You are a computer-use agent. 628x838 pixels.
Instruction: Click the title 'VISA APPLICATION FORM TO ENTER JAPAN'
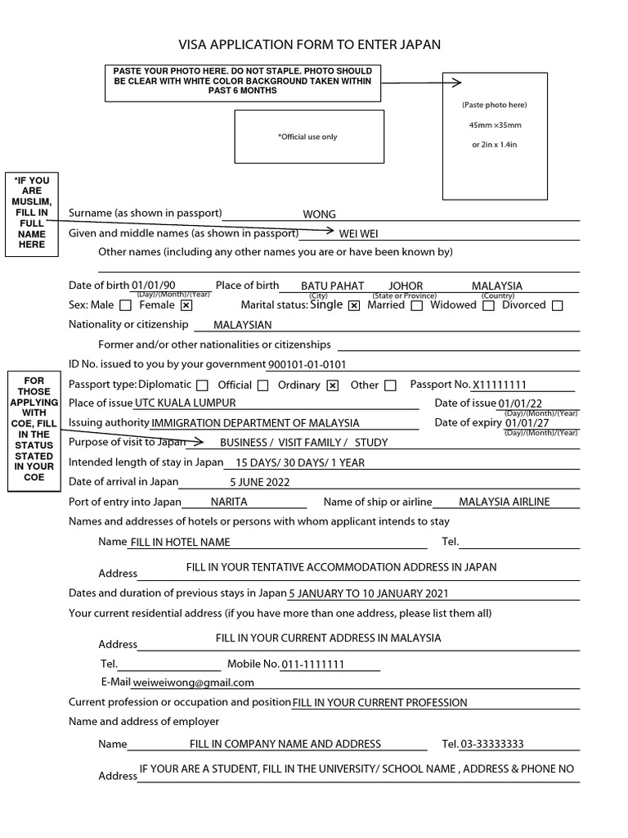click(310, 45)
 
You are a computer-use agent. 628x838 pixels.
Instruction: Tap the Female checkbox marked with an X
click(186, 306)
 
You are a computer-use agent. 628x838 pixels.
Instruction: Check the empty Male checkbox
click(125, 306)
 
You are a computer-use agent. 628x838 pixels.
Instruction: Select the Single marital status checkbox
click(354, 306)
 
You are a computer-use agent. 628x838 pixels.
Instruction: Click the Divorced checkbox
click(558, 306)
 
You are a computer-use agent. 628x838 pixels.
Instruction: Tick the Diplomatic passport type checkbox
click(203, 385)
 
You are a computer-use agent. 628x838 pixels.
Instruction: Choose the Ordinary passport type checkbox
click(332, 385)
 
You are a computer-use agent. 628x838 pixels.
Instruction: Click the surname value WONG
click(320, 214)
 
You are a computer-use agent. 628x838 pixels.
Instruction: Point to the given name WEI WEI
click(359, 234)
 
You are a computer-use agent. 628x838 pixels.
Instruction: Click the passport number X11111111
click(500, 385)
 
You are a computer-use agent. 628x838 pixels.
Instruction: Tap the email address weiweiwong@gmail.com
click(194, 683)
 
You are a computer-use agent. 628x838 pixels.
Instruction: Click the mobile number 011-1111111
click(313, 665)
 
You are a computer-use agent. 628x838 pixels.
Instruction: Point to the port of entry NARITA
click(229, 502)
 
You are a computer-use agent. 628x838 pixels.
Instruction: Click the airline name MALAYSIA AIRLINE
click(505, 502)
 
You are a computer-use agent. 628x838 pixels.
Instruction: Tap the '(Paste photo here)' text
click(495, 105)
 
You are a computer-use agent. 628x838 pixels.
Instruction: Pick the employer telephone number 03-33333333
click(492, 744)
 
